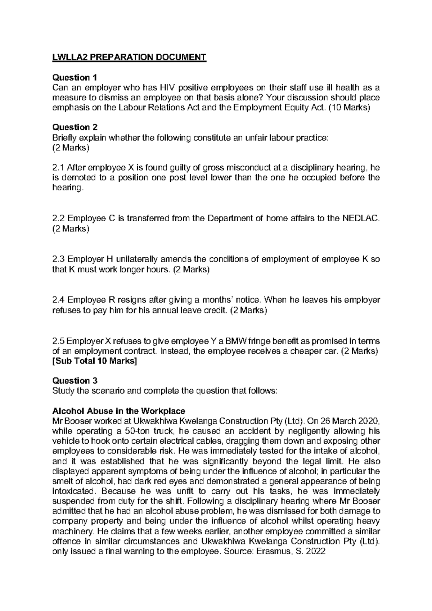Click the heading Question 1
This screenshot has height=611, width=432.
[75, 77]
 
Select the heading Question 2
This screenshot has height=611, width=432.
[75, 127]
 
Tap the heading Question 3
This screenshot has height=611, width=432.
[75, 381]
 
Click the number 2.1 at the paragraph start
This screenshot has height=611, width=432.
[58, 167]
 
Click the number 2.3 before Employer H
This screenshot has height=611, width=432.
[58, 259]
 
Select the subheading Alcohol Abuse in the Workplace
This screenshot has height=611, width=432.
[119, 411]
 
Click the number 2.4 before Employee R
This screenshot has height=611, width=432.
[58, 300]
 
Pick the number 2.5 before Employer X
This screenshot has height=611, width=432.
[58, 341]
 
